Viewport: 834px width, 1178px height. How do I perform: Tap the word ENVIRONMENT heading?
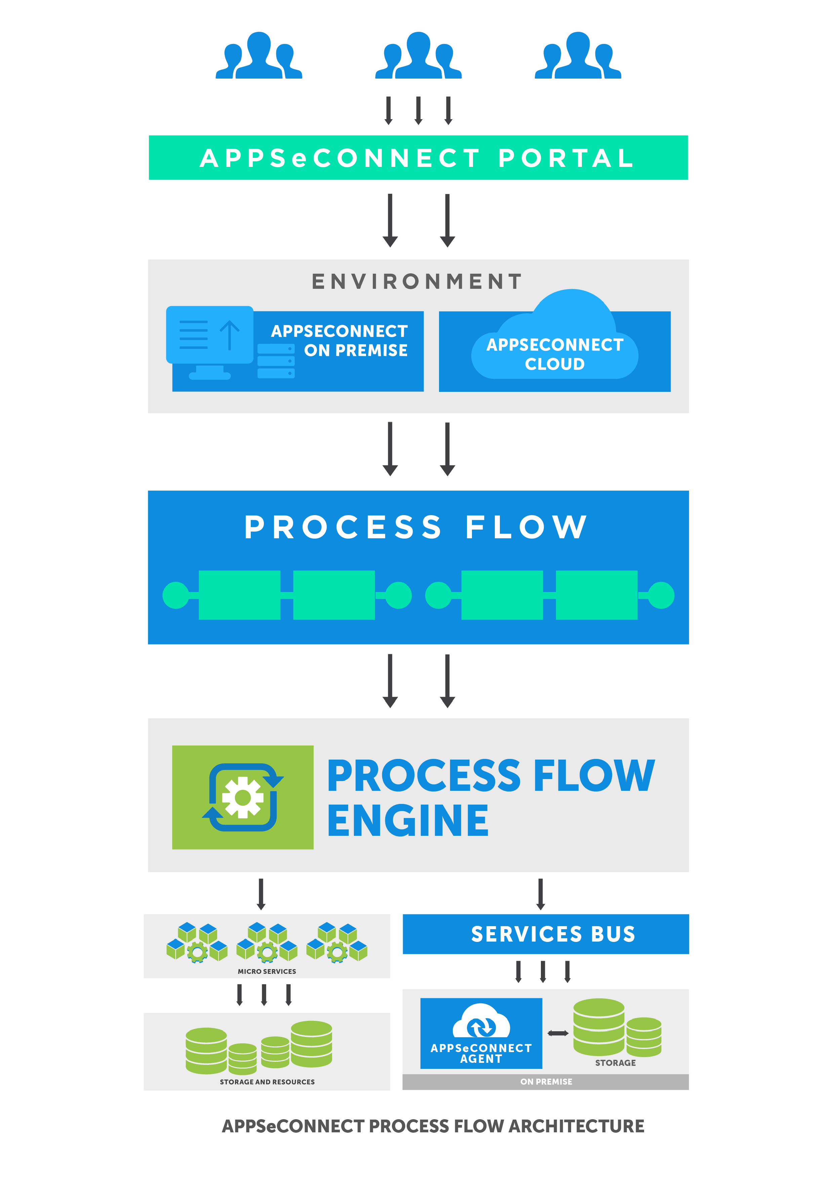click(417, 281)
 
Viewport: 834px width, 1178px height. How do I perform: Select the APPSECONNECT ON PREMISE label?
click(340, 341)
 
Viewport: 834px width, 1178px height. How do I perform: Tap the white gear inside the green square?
click(242, 797)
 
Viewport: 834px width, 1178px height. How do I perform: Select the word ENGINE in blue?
click(408, 821)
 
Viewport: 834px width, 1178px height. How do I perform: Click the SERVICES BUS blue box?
click(545, 934)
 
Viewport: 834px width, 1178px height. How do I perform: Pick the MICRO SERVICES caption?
click(267, 971)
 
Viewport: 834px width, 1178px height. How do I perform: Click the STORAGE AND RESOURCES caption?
click(267, 1082)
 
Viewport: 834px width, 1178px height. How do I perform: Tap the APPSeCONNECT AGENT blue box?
click(481, 1033)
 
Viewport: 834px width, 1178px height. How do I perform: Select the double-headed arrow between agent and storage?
click(558, 1033)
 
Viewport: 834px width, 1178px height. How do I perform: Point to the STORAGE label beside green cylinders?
click(615, 1062)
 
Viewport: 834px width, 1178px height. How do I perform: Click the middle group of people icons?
click(418, 56)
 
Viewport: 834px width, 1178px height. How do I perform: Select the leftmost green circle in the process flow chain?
click(175, 595)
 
